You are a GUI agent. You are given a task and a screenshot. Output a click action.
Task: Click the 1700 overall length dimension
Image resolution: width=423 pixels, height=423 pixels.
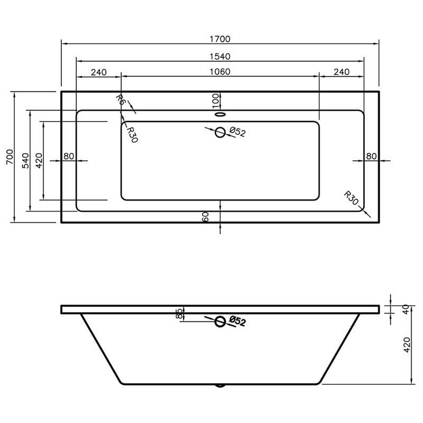(220, 39)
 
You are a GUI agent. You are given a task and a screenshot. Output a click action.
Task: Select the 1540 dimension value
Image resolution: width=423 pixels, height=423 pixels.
(220, 57)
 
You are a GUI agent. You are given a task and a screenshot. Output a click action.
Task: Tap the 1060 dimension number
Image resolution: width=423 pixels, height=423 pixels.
(220, 72)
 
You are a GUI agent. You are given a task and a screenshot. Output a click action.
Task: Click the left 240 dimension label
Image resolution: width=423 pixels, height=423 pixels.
(99, 72)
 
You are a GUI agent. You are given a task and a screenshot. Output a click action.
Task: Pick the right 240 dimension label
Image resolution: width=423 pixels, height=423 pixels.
(342, 72)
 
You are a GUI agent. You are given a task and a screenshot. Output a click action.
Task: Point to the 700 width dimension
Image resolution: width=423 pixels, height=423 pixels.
(10, 157)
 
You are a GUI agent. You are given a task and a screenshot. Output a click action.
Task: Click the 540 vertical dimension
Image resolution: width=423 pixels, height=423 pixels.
(25, 161)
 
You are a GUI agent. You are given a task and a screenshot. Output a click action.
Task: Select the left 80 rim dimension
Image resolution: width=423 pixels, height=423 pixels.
(69, 156)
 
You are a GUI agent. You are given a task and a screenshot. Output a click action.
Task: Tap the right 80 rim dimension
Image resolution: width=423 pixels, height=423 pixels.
(371, 156)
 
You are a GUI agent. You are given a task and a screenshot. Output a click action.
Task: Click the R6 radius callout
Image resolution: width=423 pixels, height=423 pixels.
(122, 100)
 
